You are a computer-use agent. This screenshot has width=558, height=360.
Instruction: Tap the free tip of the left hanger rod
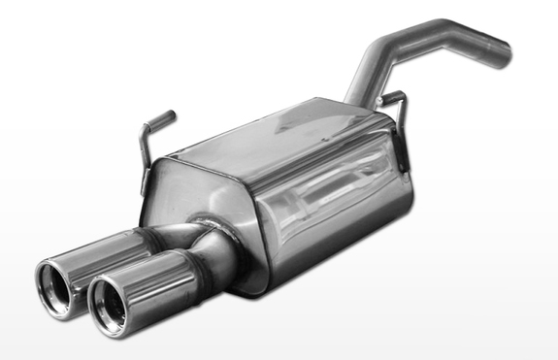pos(172,115)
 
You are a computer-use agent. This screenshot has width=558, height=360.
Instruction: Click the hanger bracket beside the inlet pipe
pos(396,107)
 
